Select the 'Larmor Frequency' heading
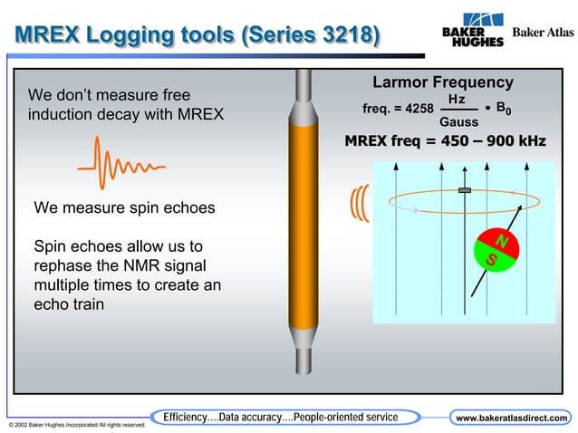443,82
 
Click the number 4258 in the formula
418,109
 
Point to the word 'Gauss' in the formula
458,120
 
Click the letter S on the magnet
492,260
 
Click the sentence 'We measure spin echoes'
124,207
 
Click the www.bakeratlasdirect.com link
512,418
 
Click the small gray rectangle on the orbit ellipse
465,189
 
